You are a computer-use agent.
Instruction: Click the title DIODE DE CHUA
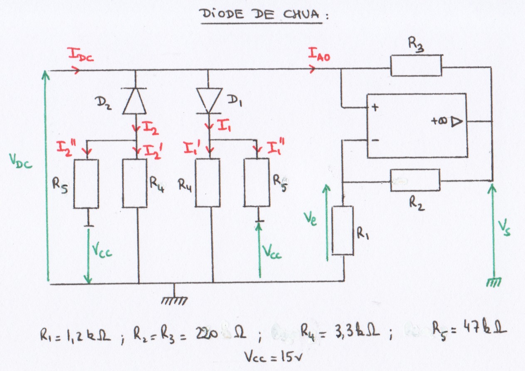pos(262,15)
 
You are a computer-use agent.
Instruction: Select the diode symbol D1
pos(207,100)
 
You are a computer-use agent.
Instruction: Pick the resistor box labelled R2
pos(415,180)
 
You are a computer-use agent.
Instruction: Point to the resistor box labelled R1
pos(343,230)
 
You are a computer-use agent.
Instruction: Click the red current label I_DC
pos(81,54)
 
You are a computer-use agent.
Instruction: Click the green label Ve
pos(311,218)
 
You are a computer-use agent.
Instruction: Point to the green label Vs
pos(505,229)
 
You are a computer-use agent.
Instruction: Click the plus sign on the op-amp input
pos(375,107)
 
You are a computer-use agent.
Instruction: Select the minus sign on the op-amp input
pos(375,140)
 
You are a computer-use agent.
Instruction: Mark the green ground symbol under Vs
pos(493,283)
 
